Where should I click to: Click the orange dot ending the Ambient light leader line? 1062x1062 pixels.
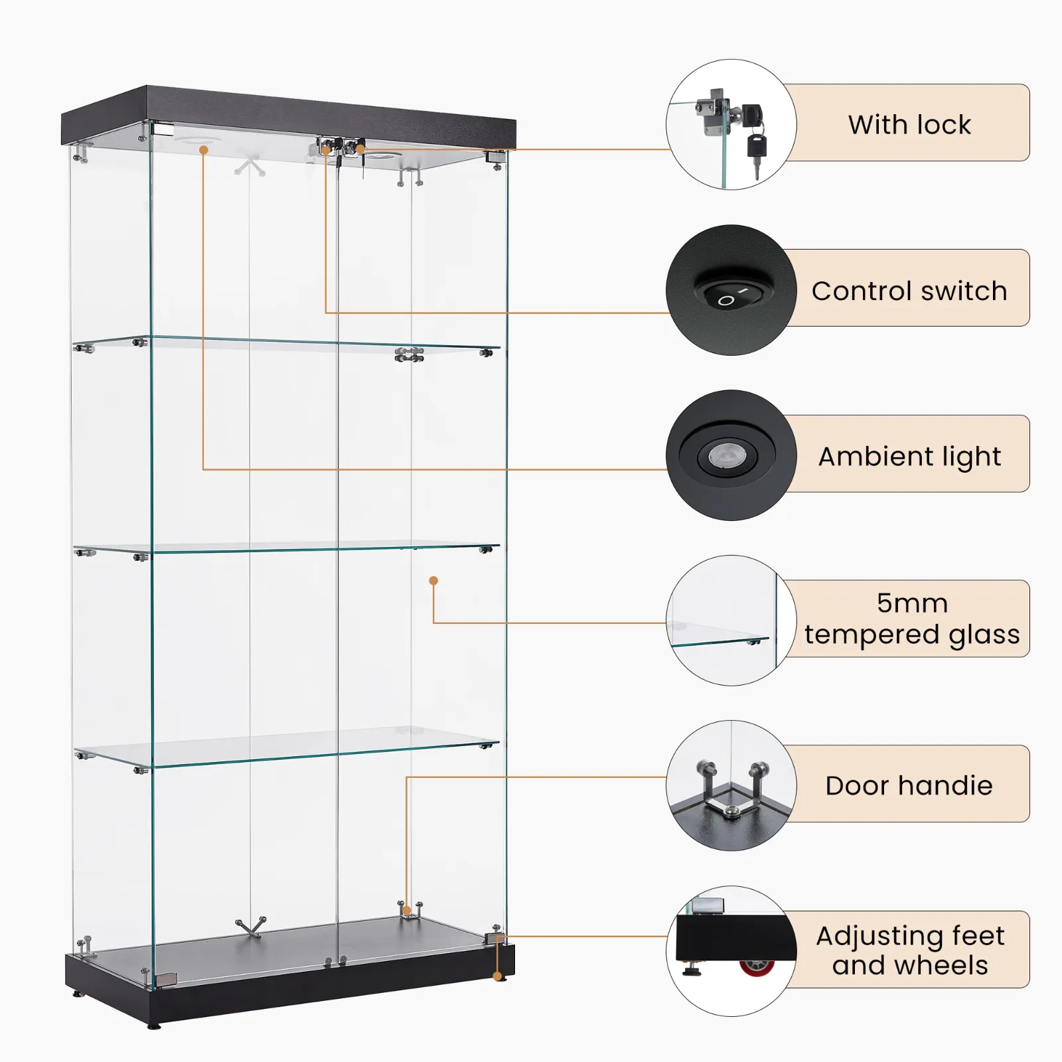tap(204, 150)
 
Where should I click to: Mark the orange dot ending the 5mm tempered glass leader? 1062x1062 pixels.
tap(433, 581)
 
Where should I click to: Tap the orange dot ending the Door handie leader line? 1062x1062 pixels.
tap(406, 911)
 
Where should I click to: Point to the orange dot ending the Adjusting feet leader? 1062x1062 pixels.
tap(497, 976)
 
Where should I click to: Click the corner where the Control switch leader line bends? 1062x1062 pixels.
tap(326, 313)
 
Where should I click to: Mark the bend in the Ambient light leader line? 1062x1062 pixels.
tap(204, 469)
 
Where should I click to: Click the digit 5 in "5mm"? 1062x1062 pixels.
tap(885, 603)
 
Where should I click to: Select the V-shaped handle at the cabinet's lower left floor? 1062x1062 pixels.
tap(251, 927)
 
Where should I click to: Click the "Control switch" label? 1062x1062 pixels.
tap(909, 291)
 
